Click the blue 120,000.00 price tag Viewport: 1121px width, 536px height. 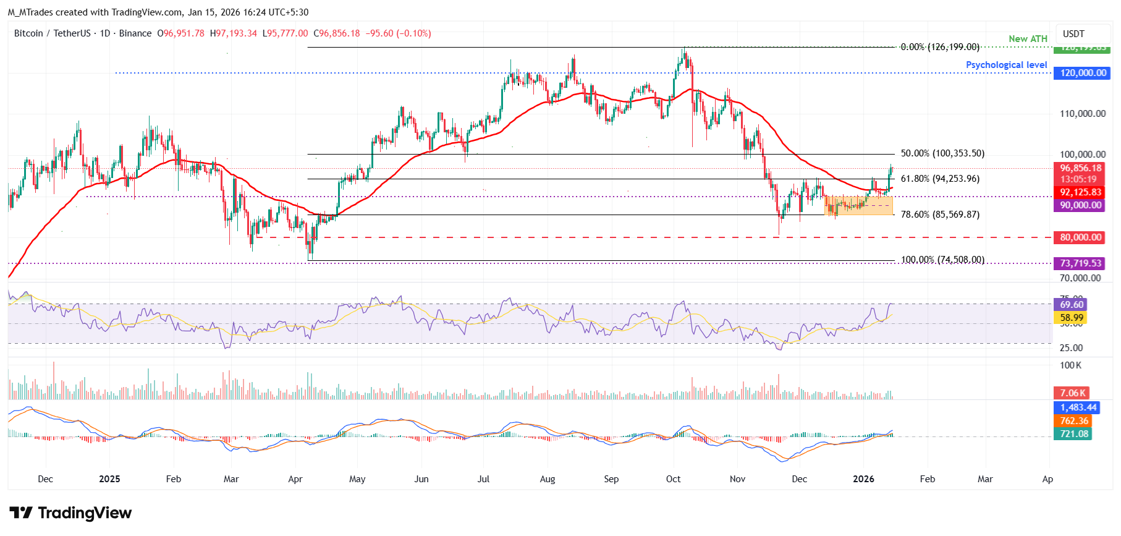point(1083,73)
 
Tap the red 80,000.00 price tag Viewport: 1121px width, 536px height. point(1081,237)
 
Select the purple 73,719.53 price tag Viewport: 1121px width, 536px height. point(1080,263)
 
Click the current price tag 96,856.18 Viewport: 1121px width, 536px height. point(1081,168)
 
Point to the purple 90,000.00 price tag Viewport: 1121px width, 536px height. point(1080,205)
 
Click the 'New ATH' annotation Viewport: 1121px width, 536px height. point(1028,39)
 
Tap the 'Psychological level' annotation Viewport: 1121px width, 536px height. point(1006,65)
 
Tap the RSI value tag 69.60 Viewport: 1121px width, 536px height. point(1072,305)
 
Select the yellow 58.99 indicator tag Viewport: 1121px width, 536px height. point(1072,318)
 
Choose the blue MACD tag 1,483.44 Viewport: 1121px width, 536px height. point(1078,407)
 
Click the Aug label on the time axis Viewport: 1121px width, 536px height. point(548,479)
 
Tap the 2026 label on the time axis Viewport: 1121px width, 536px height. point(863,479)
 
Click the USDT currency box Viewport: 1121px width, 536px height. point(1073,34)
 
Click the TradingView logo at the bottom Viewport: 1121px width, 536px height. point(70,513)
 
